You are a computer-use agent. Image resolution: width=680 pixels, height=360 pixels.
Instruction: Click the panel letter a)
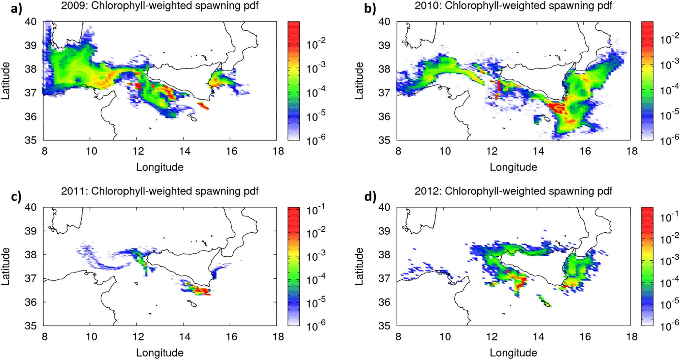coord(16,8)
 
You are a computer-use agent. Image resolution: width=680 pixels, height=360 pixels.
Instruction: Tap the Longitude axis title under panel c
coord(160,353)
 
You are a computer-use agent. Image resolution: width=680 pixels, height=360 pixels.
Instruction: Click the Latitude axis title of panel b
coord(359,81)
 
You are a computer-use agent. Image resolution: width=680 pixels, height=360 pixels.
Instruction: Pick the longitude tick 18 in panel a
coord(278,151)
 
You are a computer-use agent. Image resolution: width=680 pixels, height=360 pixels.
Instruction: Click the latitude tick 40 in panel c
coord(30,207)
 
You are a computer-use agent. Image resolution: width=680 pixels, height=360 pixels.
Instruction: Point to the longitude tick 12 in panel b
coord(492,151)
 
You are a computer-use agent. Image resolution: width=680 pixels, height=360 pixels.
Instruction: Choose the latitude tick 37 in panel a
coord(30,93)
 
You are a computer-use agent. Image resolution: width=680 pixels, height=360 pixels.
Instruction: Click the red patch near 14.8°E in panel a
coord(203,106)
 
